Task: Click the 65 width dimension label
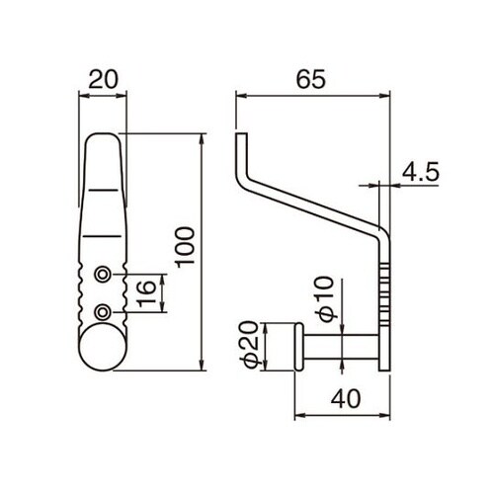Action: tap(310, 79)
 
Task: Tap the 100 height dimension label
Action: tap(185, 248)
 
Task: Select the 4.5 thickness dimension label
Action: tap(421, 172)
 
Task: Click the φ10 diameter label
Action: tap(326, 298)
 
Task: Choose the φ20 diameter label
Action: tap(250, 344)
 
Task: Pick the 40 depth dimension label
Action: tap(346, 399)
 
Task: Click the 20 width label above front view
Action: tap(103, 79)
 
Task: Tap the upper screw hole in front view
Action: tap(103, 274)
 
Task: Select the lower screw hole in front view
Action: tap(103, 312)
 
